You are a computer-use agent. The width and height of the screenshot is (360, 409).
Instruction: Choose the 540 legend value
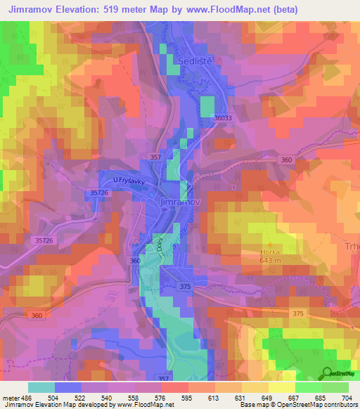click(108, 397)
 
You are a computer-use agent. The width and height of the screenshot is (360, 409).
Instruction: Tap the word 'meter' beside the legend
click(11, 397)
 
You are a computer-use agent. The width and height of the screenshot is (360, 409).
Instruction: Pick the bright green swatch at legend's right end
click(335, 387)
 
